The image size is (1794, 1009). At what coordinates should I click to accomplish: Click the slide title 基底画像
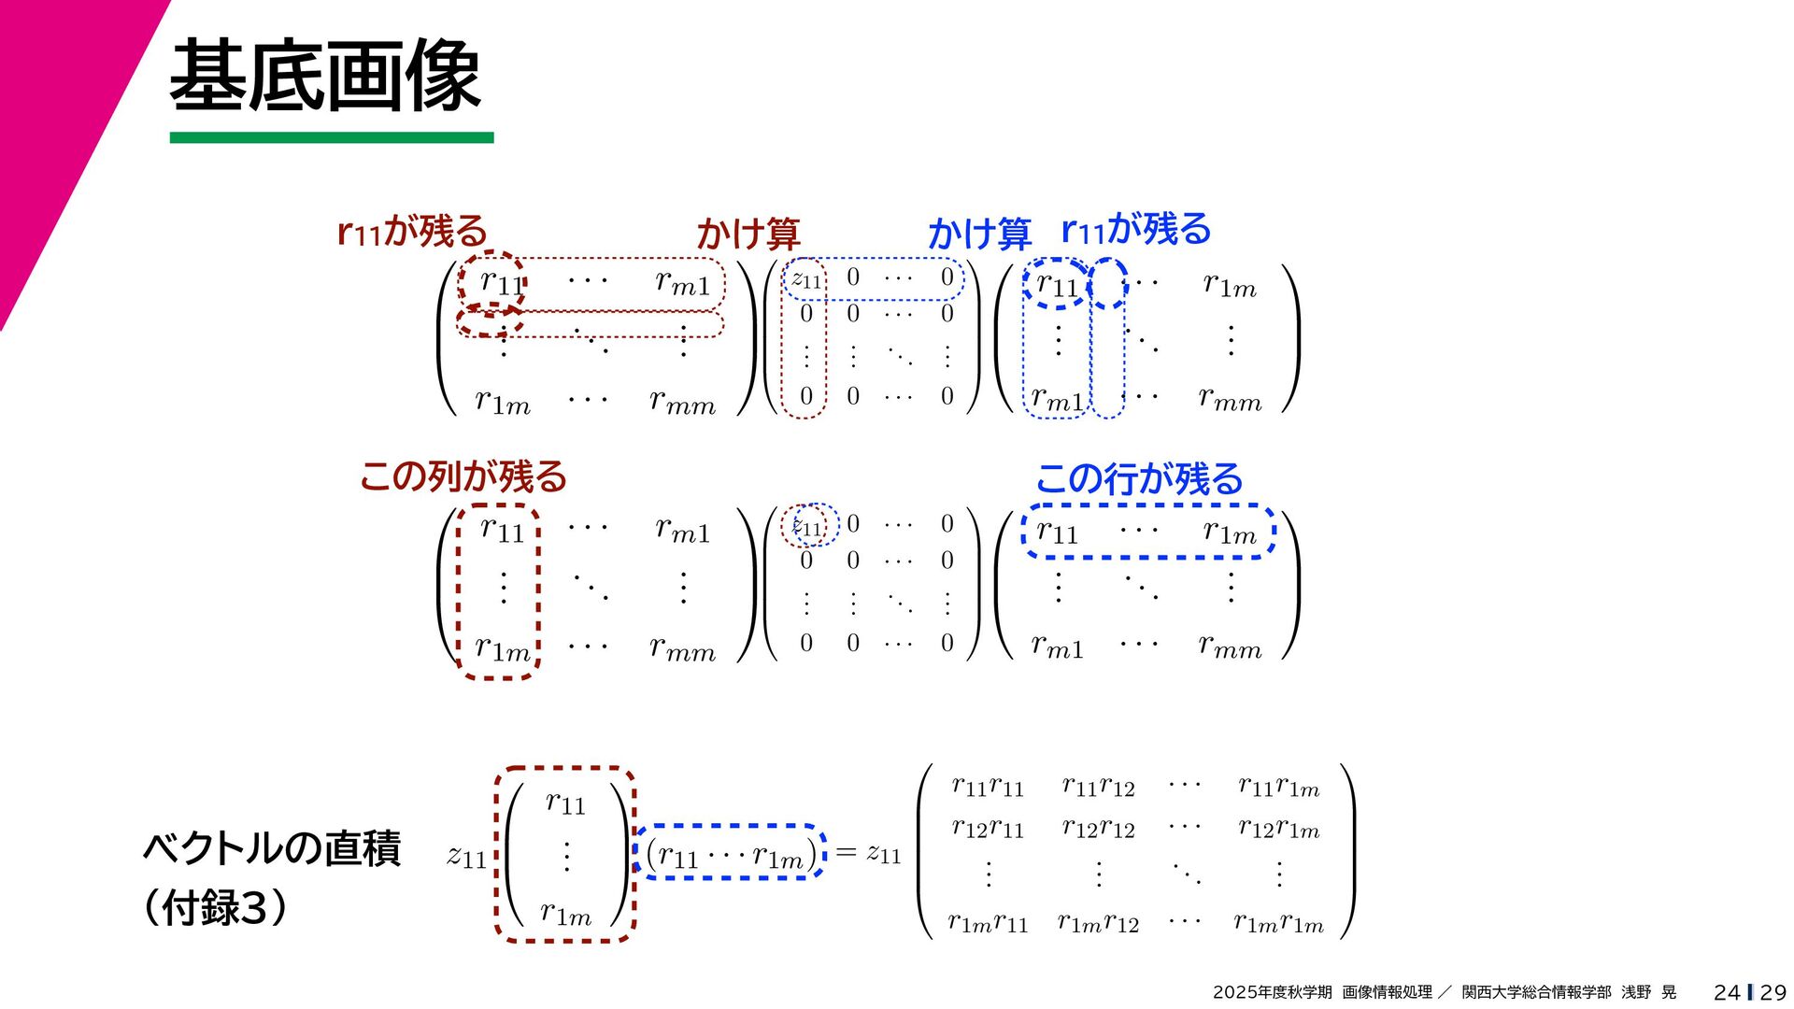pos(324,77)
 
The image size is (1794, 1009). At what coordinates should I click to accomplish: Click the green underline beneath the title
pos(332,137)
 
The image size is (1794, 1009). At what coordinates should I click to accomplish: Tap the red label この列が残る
pos(463,476)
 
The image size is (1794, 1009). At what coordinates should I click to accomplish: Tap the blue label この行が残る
pos(1139,479)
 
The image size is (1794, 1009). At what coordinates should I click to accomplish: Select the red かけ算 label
pos(748,234)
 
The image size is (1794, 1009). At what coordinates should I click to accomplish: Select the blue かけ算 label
pos(979,234)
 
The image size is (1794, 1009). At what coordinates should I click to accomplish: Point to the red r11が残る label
pos(412,231)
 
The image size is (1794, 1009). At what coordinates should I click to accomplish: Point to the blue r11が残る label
pos(1136,229)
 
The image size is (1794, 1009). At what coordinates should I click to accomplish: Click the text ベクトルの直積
pos(272,848)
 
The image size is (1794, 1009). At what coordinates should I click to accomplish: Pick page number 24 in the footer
pos(1727,992)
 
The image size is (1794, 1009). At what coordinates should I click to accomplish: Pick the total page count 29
pos(1773,992)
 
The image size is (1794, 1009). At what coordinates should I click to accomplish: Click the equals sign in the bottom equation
pos(846,852)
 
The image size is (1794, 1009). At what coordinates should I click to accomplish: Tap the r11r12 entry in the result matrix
pos(1098,787)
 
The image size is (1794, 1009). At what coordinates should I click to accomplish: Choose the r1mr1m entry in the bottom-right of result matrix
pos(1278,924)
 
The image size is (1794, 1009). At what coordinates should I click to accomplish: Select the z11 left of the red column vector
pos(466,856)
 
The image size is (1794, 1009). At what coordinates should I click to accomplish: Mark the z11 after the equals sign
pos(884,853)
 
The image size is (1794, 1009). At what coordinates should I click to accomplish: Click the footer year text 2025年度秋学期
pos(1272,992)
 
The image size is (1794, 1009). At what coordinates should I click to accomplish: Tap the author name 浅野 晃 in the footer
pos(1648,992)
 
